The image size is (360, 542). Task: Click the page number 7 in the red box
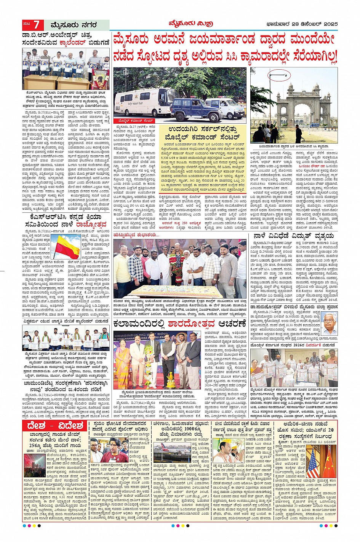click(36, 25)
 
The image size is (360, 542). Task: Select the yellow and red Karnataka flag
click(67, 246)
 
